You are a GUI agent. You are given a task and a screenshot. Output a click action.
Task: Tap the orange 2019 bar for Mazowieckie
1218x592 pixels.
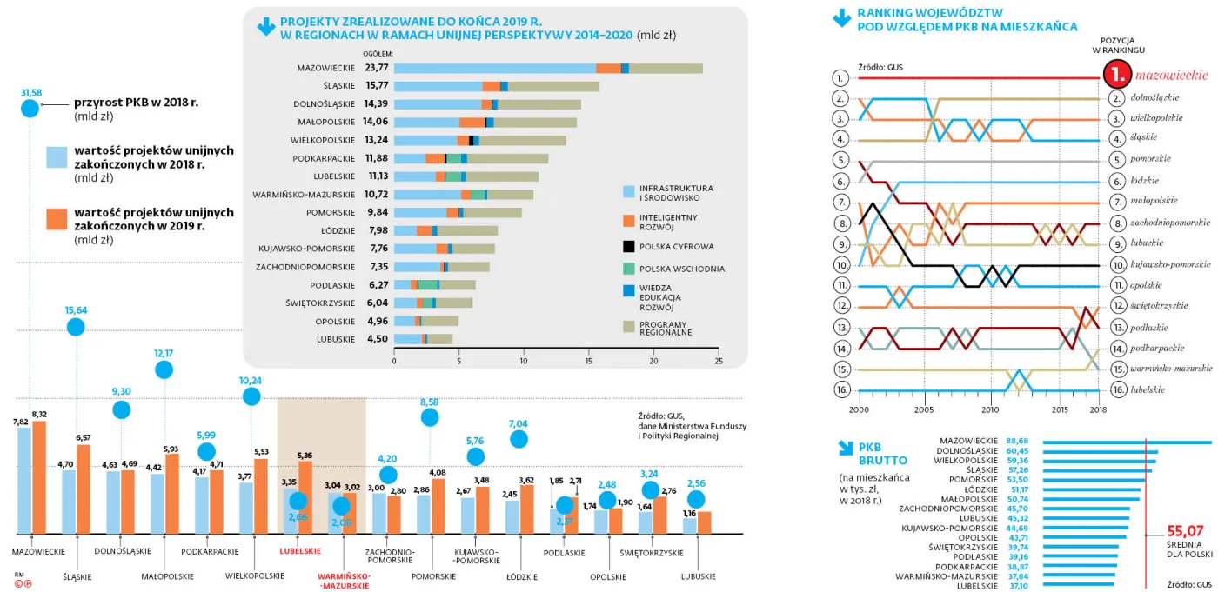click(39, 477)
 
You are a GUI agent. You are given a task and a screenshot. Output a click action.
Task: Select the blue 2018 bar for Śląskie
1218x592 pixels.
click(69, 502)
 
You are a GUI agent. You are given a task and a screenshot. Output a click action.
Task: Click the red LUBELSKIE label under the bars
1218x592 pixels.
click(299, 551)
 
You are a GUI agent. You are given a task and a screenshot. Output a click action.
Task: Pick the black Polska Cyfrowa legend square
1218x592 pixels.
click(629, 246)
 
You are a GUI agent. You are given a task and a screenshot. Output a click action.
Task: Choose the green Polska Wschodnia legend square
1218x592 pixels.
click(629, 269)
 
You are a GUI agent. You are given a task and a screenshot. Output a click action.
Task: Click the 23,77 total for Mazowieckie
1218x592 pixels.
click(377, 67)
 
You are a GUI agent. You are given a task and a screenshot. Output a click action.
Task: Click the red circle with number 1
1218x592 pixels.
click(1117, 76)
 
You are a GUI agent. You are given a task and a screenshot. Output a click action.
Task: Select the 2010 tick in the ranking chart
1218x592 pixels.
click(990, 409)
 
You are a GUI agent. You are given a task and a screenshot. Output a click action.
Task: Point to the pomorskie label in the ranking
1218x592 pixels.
click(1150, 159)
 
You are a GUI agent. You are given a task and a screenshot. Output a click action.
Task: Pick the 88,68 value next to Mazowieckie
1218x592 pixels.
click(1018, 441)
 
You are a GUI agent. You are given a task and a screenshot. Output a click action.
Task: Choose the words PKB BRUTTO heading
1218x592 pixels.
click(884, 454)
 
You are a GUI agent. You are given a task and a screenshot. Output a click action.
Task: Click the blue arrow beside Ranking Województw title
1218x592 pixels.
click(842, 17)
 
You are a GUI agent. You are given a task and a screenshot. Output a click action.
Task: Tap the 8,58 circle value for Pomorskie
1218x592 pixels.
click(429, 402)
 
